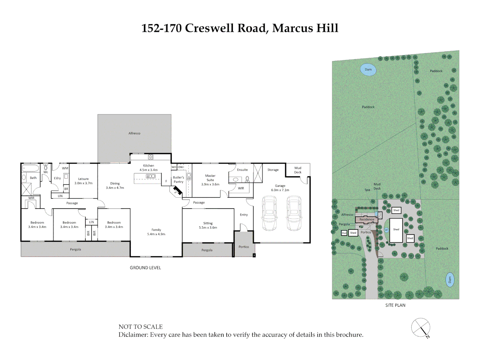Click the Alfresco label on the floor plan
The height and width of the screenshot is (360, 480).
134,133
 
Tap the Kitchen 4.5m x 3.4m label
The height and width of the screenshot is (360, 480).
148,168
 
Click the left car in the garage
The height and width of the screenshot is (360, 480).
269,213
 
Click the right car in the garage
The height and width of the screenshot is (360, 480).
294,213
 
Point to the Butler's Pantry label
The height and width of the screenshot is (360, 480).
178,180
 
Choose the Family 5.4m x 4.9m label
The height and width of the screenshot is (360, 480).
156,232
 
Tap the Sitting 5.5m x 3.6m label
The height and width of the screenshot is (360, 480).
208,225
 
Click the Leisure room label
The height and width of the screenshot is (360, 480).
83,181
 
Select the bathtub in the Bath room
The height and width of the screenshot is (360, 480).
30,168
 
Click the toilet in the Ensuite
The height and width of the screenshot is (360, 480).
247,179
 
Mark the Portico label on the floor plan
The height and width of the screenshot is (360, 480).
244,247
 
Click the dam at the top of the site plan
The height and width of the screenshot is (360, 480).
368,70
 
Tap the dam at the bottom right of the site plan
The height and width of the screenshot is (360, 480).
450,280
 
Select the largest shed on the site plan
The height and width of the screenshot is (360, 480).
396,230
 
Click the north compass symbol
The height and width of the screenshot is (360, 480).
421,328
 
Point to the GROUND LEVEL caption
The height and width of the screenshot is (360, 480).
145,268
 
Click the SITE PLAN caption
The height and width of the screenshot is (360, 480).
395,305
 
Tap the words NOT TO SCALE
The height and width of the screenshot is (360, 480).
141,327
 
